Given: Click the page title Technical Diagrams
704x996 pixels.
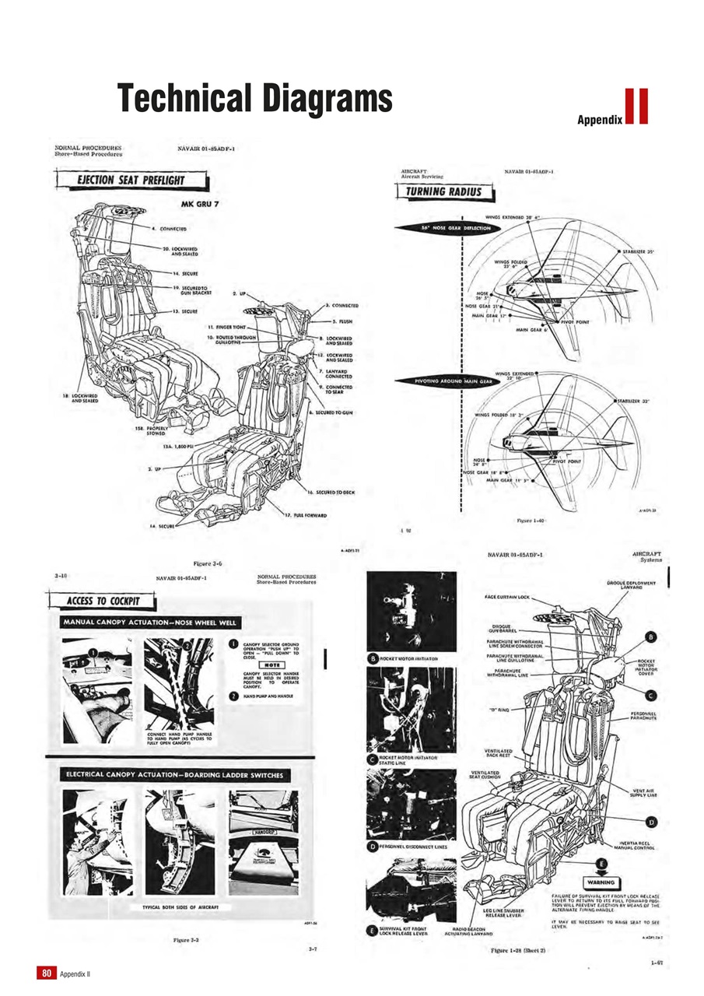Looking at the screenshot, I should (x=254, y=100).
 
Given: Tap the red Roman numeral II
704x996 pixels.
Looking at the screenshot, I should (x=636, y=107).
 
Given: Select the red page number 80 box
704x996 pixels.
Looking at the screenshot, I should (x=46, y=973).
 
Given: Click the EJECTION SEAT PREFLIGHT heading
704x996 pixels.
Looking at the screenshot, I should (x=130, y=181).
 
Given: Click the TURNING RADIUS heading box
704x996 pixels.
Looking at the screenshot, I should (x=440, y=191).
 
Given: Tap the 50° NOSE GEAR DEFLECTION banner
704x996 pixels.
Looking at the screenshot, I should (x=455, y=228).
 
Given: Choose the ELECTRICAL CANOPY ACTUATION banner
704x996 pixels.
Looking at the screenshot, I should (x=178, y=774).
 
